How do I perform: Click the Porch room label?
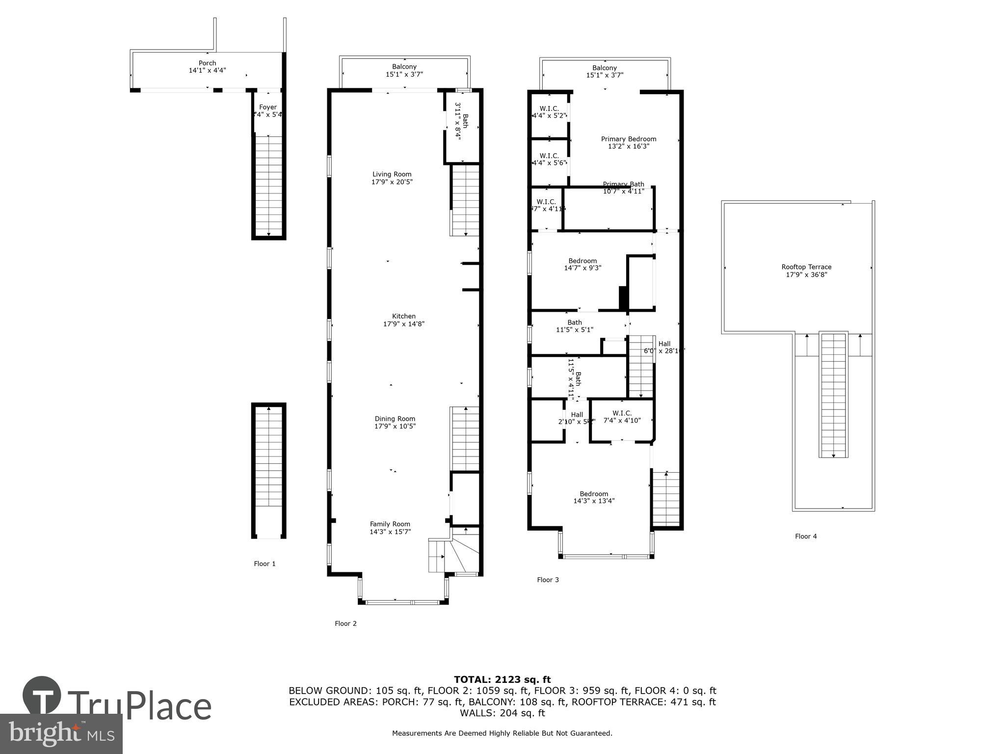tap(207, 63)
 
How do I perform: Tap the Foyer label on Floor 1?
tap(268, 107)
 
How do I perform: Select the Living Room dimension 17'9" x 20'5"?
tap(392, 182)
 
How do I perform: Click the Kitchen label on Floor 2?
tap(403, 316)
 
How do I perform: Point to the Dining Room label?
tap(395, 419)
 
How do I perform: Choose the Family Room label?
tap(390, 524)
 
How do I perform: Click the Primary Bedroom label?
tap(628, 139)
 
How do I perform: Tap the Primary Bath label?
tap(623, 184)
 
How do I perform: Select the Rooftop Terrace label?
tap(806, 267)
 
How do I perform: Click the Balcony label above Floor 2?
tap(404, 67)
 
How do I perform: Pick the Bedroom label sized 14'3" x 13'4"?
tap(594, 494)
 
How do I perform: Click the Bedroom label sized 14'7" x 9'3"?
tap(582, 261)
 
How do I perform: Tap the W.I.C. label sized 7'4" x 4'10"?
tap(622, 413)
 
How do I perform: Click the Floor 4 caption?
tap(806, 536)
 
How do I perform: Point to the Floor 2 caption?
tap(345, 623)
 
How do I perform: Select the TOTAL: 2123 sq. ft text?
tap(502, 679)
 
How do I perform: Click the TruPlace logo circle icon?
tap(42, 696)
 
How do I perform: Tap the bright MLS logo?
tap(61, 733)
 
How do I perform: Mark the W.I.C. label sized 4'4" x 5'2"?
tap(549, 108)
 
